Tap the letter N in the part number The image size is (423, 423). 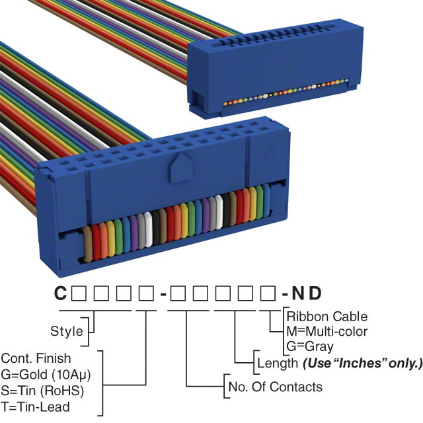(x=299, y=293)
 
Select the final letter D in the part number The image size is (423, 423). (x=319, y=293)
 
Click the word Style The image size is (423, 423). (x=67, y=330)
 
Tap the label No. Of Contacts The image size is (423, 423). (x=274, y=387)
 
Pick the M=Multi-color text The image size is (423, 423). (x=327, y=331)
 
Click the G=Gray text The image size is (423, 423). (x=310, y=346)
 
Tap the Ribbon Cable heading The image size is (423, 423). (x=327, y=317)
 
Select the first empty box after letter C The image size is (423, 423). (x=79, y=293)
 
